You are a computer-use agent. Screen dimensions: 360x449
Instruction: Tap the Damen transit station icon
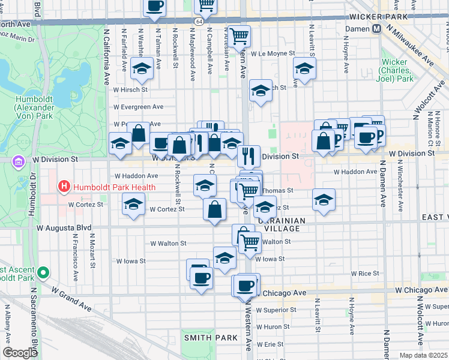tap(377, 29)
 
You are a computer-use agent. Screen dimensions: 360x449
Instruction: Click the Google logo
tap(20, 353)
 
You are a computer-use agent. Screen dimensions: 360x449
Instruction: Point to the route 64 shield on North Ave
tap(198, 22)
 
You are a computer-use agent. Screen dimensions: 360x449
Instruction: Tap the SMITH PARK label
tap(211, 338)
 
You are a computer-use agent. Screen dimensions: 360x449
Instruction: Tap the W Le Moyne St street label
tap(274, 53)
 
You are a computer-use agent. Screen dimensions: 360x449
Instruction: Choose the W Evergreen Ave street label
tap(138, 107)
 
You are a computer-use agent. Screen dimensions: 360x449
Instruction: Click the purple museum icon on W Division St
tap(19, 161)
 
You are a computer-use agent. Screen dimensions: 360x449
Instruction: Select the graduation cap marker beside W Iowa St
tap(224, 258)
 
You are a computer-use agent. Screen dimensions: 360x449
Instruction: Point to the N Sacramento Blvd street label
tap(33, 327)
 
